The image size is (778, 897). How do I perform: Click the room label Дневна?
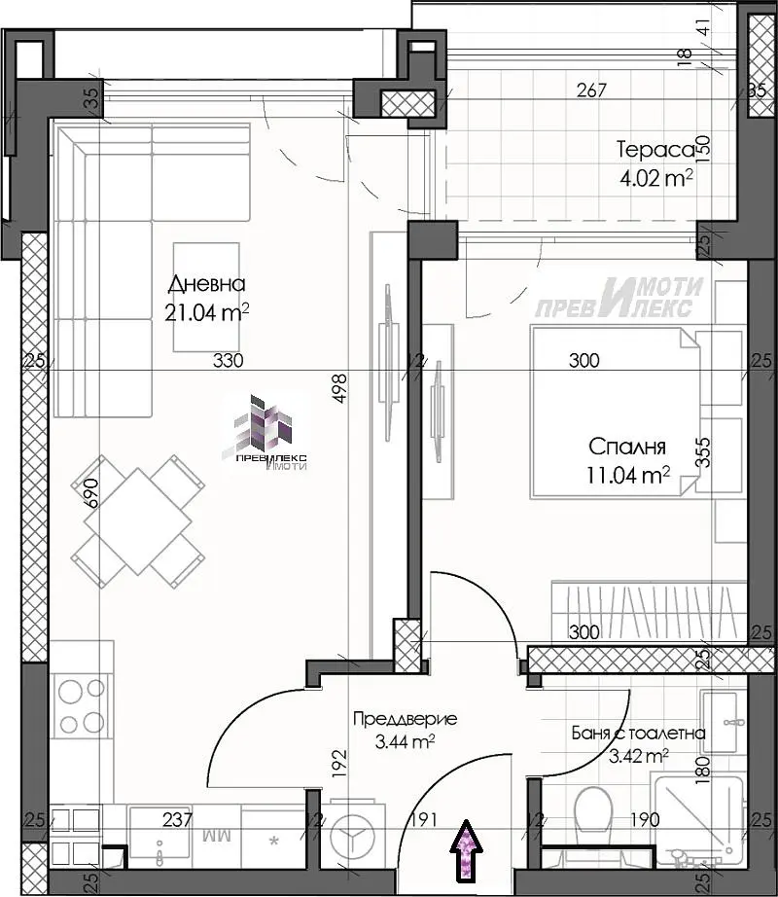point(206,284)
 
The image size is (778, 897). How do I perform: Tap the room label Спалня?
point(627,448)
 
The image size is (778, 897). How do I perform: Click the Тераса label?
point(654,150)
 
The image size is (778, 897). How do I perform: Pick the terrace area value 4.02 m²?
point(655,178)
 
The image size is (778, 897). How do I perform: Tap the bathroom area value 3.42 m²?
point(637,755)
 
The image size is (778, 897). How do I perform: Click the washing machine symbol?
point(351,835)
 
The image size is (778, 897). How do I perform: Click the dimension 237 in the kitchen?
point(177,819)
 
